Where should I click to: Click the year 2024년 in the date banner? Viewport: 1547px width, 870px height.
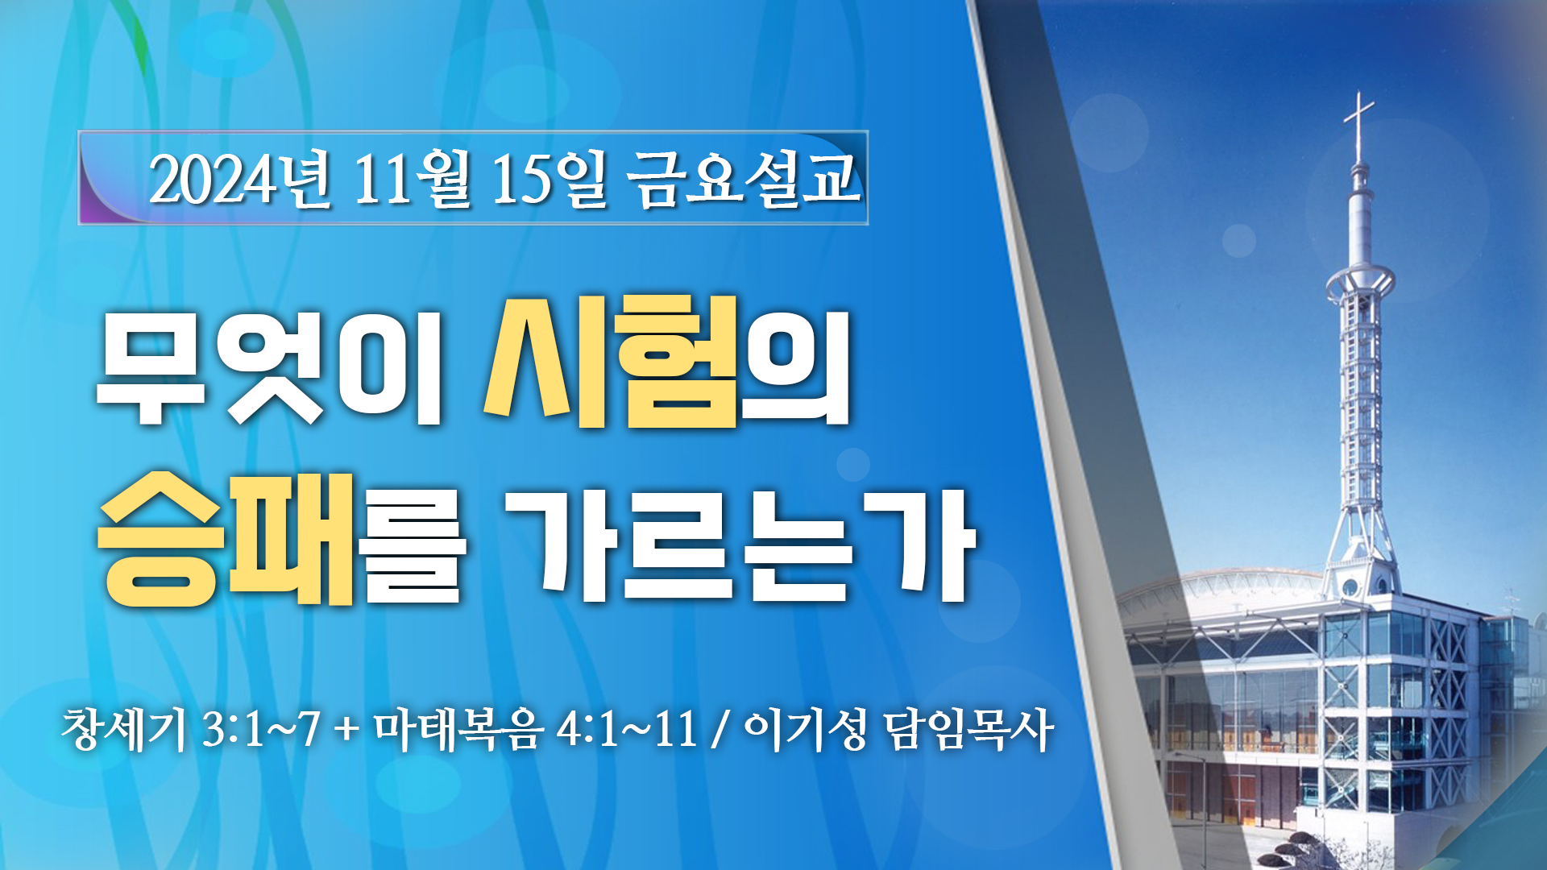(x=239, y=179)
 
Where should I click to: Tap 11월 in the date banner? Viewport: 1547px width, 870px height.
(x=412, y=179)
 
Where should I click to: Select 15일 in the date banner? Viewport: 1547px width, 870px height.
(x=549, y=179)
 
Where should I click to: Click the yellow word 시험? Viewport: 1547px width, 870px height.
(x=611, y=361)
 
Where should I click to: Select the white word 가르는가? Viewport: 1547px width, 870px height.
(x=739, y=545)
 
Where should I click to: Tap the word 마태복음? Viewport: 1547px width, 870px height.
(x=458, y=730)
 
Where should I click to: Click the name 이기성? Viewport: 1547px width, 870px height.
(x=806, y=730)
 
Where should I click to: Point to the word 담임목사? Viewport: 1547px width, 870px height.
(x=968, y=730)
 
